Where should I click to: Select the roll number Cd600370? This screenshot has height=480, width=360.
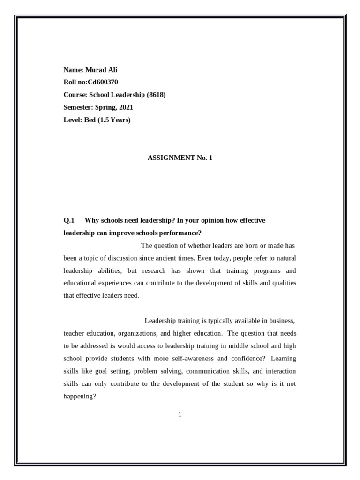pyautogui.click(x=103, y=82)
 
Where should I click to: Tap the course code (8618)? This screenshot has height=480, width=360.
pyautogui.click(x=156, y=95)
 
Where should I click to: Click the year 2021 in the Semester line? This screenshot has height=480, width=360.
pyautogui.click(x=125, y=107)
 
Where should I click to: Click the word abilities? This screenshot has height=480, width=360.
pyautogui.click(x=110, y=271)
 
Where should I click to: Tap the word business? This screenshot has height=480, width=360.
pyautogui.click(x=281, y=321)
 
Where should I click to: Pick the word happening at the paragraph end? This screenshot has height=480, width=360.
pyautogui.click(x=80, y=396)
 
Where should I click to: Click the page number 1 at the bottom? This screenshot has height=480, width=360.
pyautogui.click(x=180, y=414)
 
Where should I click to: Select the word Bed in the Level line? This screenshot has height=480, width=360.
pyautogui.click(x=90, y=120)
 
